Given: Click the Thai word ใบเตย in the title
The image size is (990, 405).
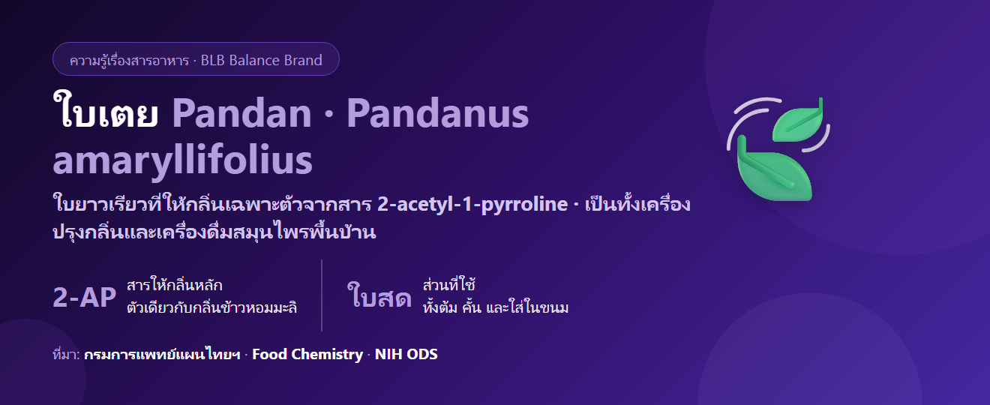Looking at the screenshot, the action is (106, 110).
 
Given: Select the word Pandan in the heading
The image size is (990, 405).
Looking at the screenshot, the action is (241, 114).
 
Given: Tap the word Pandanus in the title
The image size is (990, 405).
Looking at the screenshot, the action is (437, 114).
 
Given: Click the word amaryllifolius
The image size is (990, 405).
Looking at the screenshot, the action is (182, 160).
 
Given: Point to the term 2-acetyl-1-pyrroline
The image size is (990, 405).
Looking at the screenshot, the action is (472, 205).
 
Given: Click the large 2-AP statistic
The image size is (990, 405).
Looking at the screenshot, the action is (85, 297).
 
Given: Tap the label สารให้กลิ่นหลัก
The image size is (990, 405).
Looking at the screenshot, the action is (175, 285).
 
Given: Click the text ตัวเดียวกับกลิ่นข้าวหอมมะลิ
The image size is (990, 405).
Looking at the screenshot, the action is (211, 307).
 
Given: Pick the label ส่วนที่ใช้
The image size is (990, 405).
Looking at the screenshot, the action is (449, 285).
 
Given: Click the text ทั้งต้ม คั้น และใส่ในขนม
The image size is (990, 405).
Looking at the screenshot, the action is (496, 307).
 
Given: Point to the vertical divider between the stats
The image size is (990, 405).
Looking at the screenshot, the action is (322, 295).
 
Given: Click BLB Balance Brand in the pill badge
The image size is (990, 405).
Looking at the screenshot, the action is (262, 60).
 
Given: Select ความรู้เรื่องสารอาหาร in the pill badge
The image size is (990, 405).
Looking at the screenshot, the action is (129, 60).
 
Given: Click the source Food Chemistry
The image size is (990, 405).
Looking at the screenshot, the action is (307, 354).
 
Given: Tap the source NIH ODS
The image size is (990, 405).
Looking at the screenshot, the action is (406, 354).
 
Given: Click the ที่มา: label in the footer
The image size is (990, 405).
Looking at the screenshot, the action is (66, 355).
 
